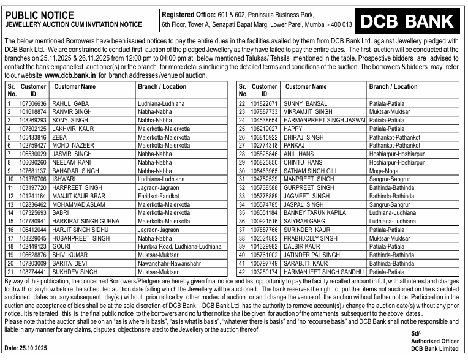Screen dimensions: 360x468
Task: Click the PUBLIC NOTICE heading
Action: (37, 15)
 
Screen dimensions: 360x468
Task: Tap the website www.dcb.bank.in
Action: (70, 75)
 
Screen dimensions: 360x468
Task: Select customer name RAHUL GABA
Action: (70, 104)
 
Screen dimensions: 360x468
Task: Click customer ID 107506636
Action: (33, 104)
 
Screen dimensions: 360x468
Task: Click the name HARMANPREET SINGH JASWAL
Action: (325, 121)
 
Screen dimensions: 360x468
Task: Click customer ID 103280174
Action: (265, 271)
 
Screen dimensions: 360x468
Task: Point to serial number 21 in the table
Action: (10, 271)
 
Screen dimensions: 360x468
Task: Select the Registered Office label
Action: (187, 14)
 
